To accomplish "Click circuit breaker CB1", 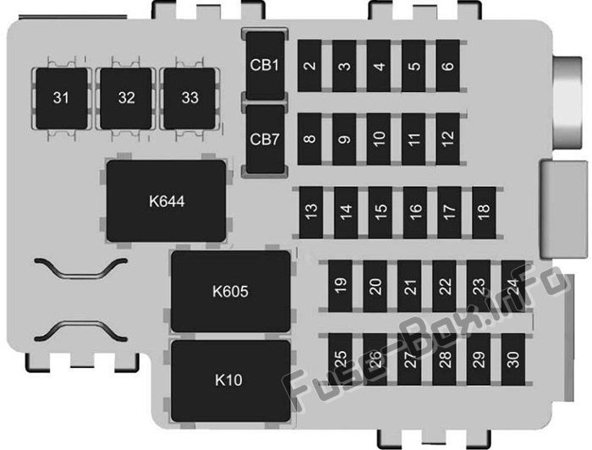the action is click(x=265, y=66).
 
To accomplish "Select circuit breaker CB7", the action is click(x=265, y=140).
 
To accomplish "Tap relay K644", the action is click(x=167, y=200).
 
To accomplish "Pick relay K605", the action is click(x=231, y=291).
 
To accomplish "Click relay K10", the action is click(x=231, y=381).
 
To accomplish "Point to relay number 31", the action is click(x=62, y=98).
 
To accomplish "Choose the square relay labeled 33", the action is click(x=189, y=98).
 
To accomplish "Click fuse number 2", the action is click(x=310, y=66).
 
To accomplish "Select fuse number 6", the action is click(x=448, y=66).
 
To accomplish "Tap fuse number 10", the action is click(x=379, y=139).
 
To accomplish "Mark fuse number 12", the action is click(x=448, y=139).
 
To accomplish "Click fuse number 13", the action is click(x=311, y=212).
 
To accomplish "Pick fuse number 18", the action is click(x=484, y=212).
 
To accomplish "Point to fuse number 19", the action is click(x=340, y=286).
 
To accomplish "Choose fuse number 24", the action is click(x=513, y=286).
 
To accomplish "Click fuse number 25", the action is click(x=340, y=359).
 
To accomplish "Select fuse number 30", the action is click(x=513, y=359).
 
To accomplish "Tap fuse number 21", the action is click(x=409, y=286).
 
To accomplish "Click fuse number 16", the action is click(x=415, y=212).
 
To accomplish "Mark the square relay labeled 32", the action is click(x=126, y=98).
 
